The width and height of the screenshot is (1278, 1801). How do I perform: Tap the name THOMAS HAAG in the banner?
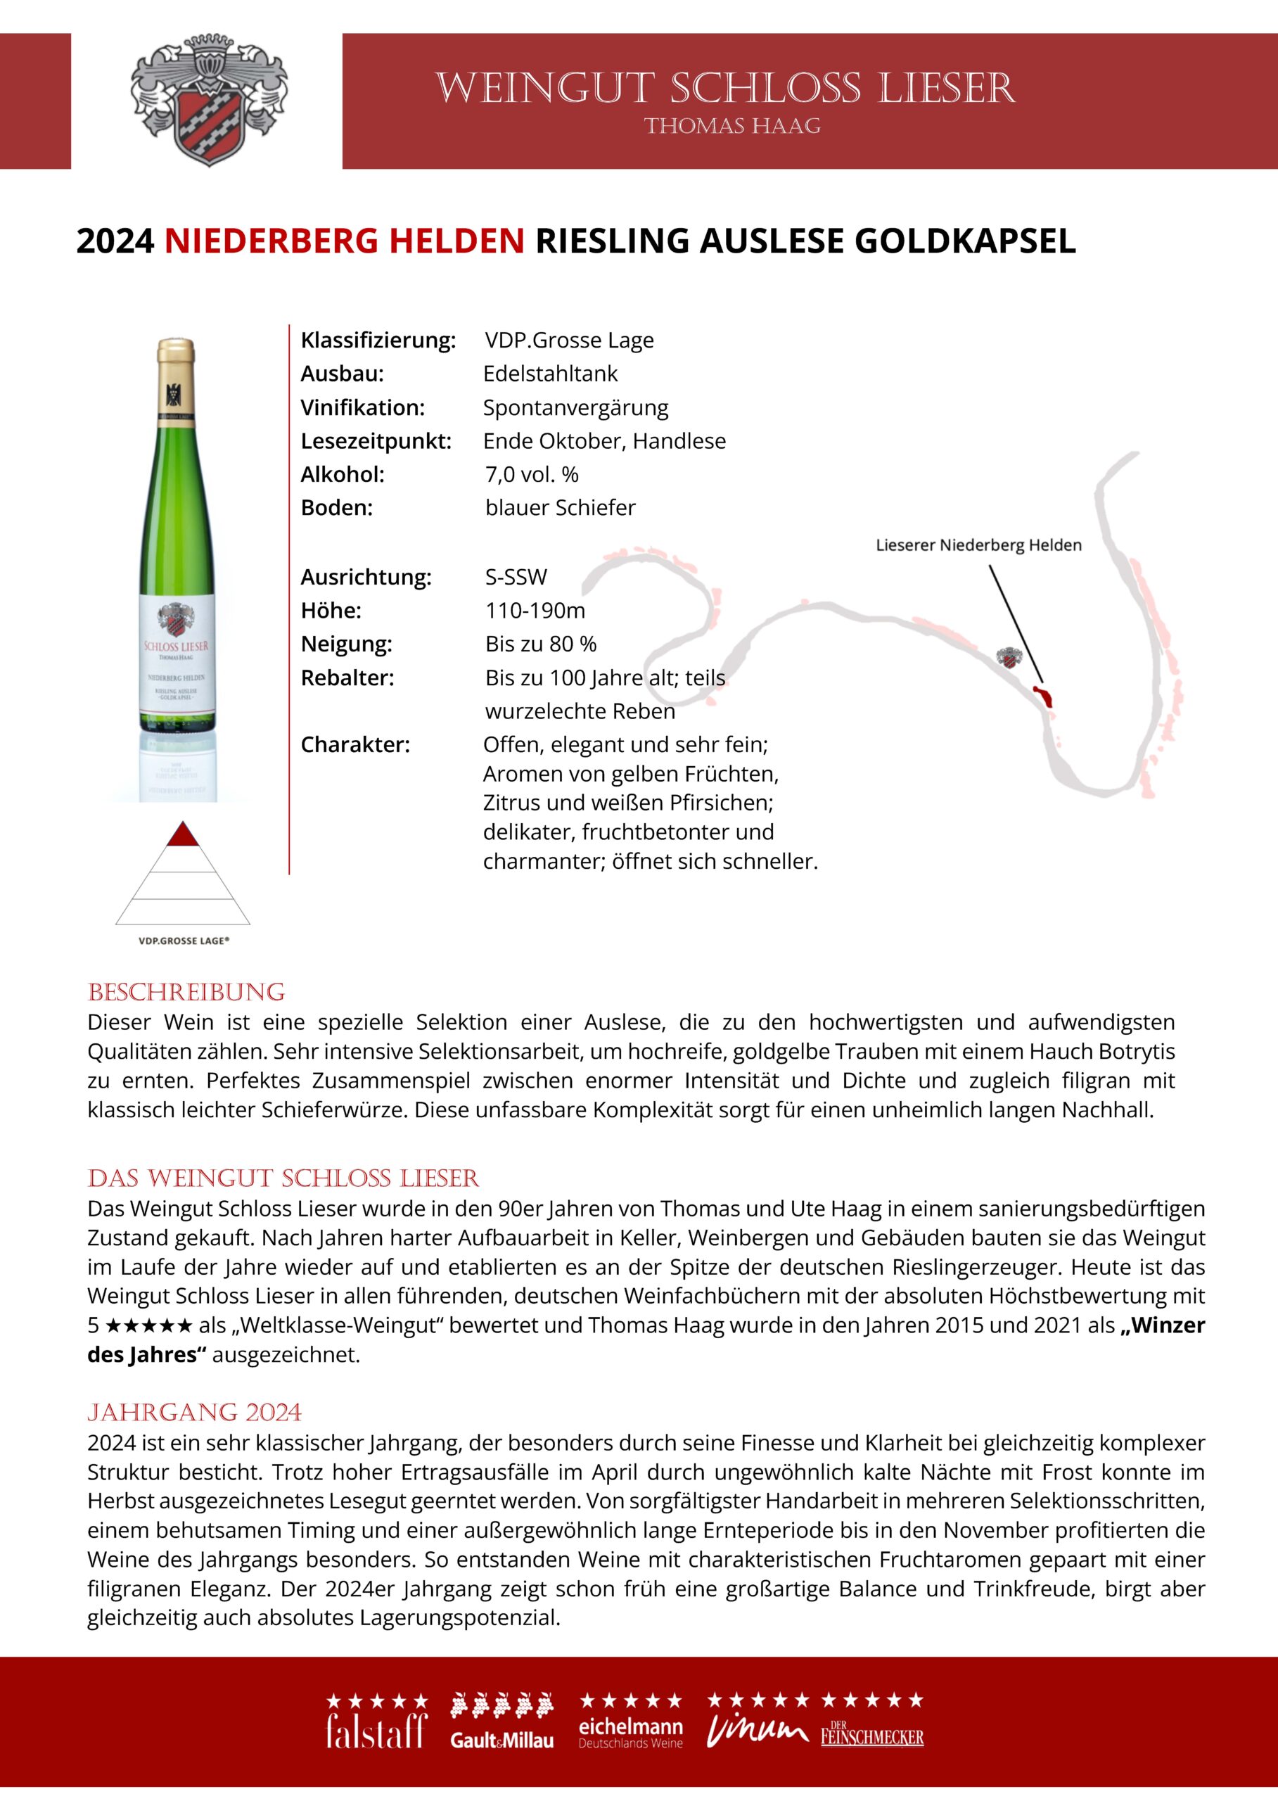pos(732,126)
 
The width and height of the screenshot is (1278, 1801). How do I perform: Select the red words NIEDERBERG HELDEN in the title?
pos(344,241)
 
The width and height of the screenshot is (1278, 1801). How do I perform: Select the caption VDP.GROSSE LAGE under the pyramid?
pos(184,941)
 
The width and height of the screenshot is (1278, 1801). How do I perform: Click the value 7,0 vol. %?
pos(531,475)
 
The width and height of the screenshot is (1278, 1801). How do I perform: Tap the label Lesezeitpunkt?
pos(376,441)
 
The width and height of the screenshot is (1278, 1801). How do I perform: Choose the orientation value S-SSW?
pos(516,577)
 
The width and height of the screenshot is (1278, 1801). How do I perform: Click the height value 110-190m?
pos(535,611)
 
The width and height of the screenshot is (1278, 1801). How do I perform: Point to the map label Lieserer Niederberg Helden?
pos(978,545)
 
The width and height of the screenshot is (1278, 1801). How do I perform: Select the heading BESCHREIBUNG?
pos(186,992)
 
